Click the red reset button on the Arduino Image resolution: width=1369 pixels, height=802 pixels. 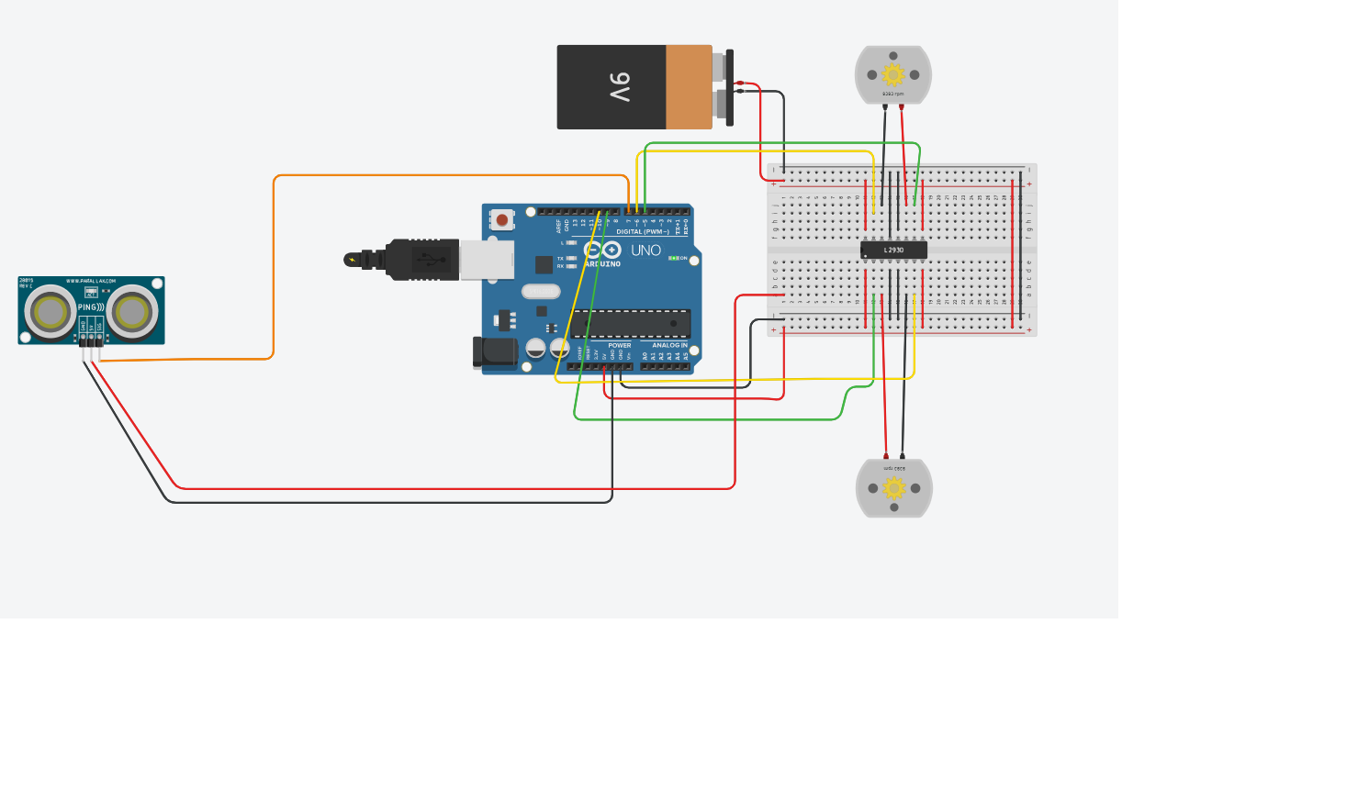502,220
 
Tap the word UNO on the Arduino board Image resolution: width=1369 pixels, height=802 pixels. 645,251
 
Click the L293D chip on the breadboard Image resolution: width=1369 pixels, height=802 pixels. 893,250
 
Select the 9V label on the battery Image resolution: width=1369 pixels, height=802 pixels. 620,87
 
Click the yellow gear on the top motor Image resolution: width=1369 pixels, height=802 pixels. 892,74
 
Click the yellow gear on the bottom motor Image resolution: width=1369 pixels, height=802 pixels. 893,488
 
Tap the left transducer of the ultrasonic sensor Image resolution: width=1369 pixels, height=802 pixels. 50,312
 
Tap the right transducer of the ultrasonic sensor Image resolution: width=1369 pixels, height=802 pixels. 132,312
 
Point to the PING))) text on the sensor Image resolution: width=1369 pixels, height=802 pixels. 90,307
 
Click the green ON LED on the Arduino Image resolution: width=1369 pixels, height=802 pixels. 673,259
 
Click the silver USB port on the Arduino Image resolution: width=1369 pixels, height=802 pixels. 487,260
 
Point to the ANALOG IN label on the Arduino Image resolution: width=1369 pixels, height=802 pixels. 669,346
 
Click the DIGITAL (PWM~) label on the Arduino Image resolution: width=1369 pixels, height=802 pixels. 642,232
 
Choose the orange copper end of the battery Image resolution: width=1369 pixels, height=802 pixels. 689,87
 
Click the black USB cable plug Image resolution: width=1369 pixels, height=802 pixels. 421,260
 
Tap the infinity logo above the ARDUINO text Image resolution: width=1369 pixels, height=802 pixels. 602,250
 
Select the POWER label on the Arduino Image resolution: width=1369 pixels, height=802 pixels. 620,346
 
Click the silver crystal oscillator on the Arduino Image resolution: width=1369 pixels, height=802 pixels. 541,292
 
